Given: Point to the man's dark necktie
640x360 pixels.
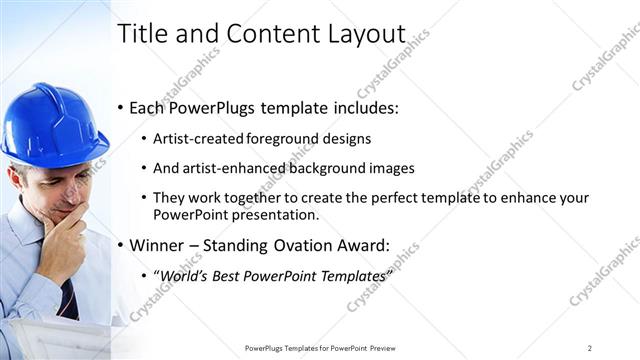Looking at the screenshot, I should pos(68,295).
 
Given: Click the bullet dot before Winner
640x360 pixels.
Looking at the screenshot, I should pos(122,244).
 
